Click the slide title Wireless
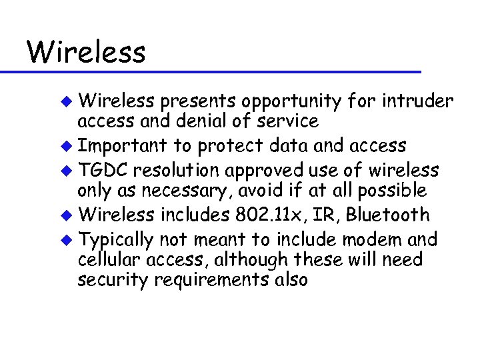(85, 51)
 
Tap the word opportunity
(289, 102)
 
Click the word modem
(377, 239)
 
